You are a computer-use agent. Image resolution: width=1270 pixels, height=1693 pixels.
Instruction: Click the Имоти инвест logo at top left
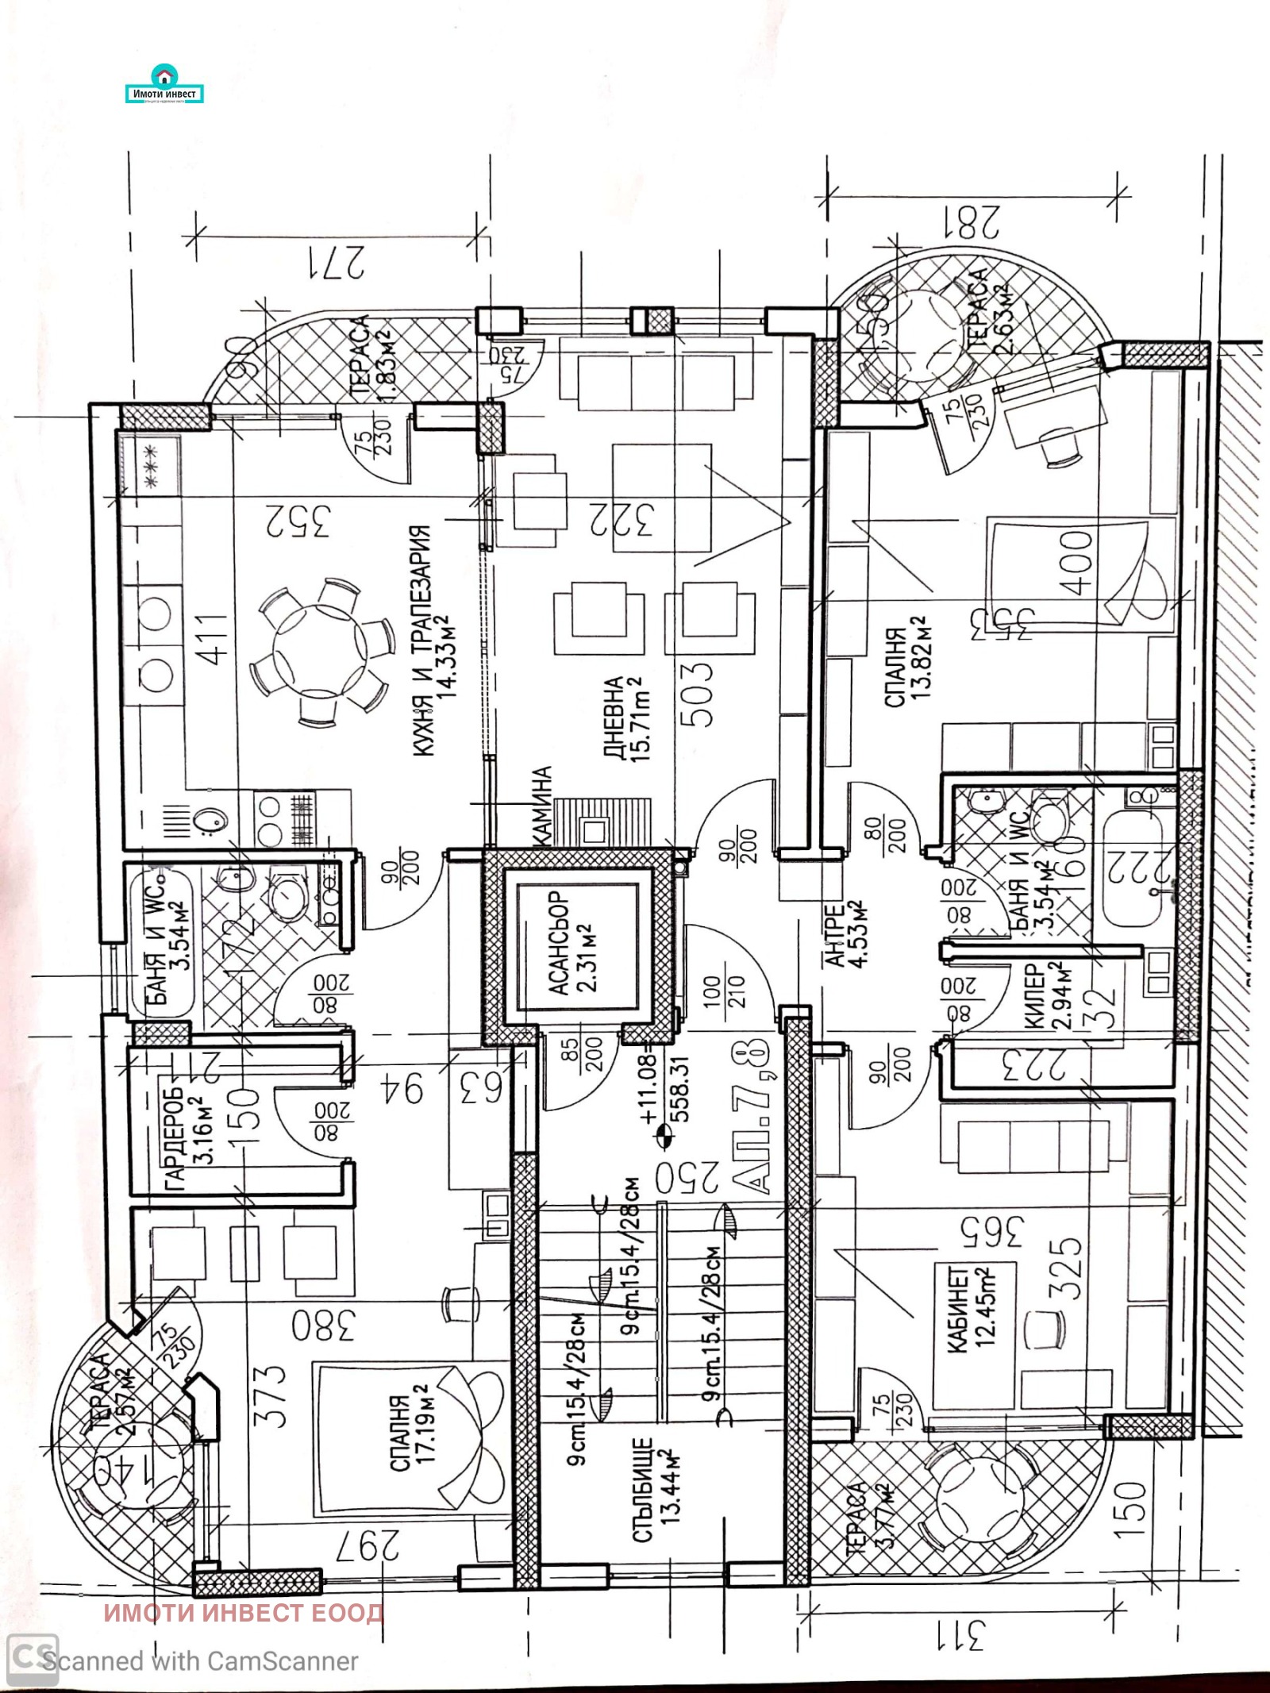click(x=165, y=88)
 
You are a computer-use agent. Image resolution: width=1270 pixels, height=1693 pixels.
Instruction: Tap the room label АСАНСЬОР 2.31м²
click(x=571, y=943)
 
